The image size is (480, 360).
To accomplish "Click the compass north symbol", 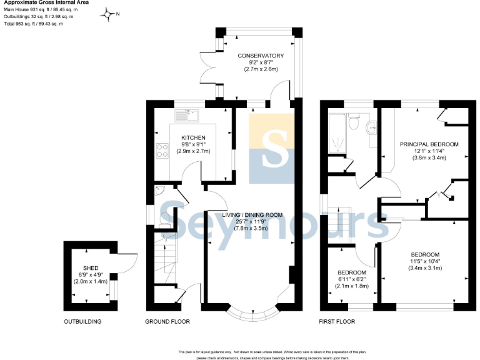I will [111, 14].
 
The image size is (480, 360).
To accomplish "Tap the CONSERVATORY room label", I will [261, 56].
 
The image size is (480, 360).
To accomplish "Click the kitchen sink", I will [186, 115].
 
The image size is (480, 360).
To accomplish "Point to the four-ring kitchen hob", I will [162, 150].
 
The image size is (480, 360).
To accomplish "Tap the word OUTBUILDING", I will [82, 322].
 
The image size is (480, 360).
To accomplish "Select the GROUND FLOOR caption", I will [167, 322].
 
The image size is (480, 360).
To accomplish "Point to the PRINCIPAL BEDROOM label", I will [429, 144].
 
